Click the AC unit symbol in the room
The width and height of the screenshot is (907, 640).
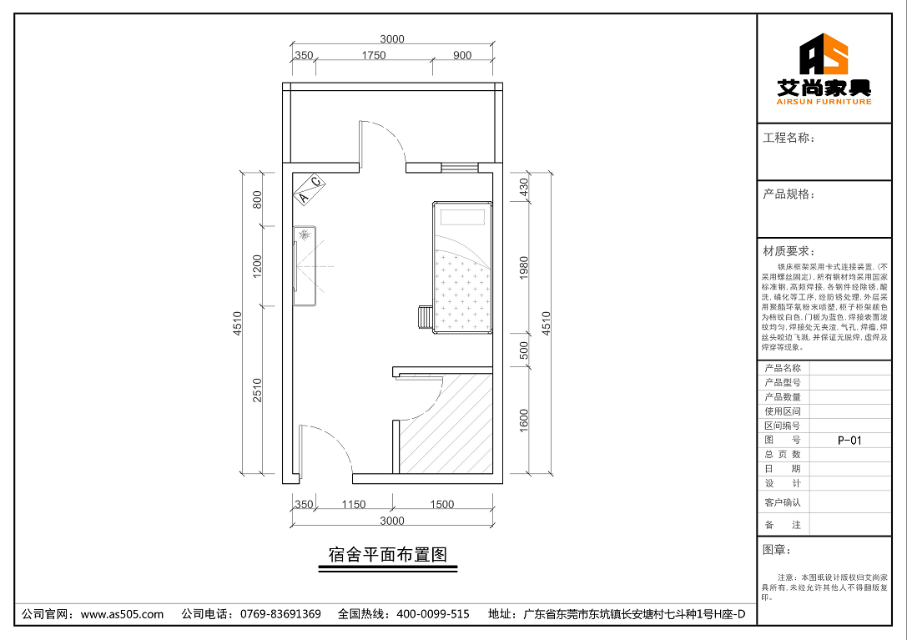tap(309, 189)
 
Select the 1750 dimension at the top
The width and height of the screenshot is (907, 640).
tap(374, 56)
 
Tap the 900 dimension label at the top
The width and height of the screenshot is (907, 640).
tap(461, 56)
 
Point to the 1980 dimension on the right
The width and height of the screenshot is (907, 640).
tap(524, 268)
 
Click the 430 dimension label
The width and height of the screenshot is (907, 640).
tap(524, 188)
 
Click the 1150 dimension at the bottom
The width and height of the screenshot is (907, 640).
tap(353, 504)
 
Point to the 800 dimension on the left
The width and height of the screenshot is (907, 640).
tap(258, 199)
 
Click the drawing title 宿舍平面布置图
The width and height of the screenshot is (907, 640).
tap(388, 554)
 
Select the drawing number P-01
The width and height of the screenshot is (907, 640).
tap(849, 440)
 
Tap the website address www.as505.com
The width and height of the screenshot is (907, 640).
tap(123, 614)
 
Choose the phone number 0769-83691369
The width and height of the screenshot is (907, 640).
tap(280, 614)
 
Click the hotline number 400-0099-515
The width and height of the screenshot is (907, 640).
tap(433, 614)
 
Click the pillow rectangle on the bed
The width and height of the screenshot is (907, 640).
tap(462, 217)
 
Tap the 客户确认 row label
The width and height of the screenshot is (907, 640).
tap(782, 502)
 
